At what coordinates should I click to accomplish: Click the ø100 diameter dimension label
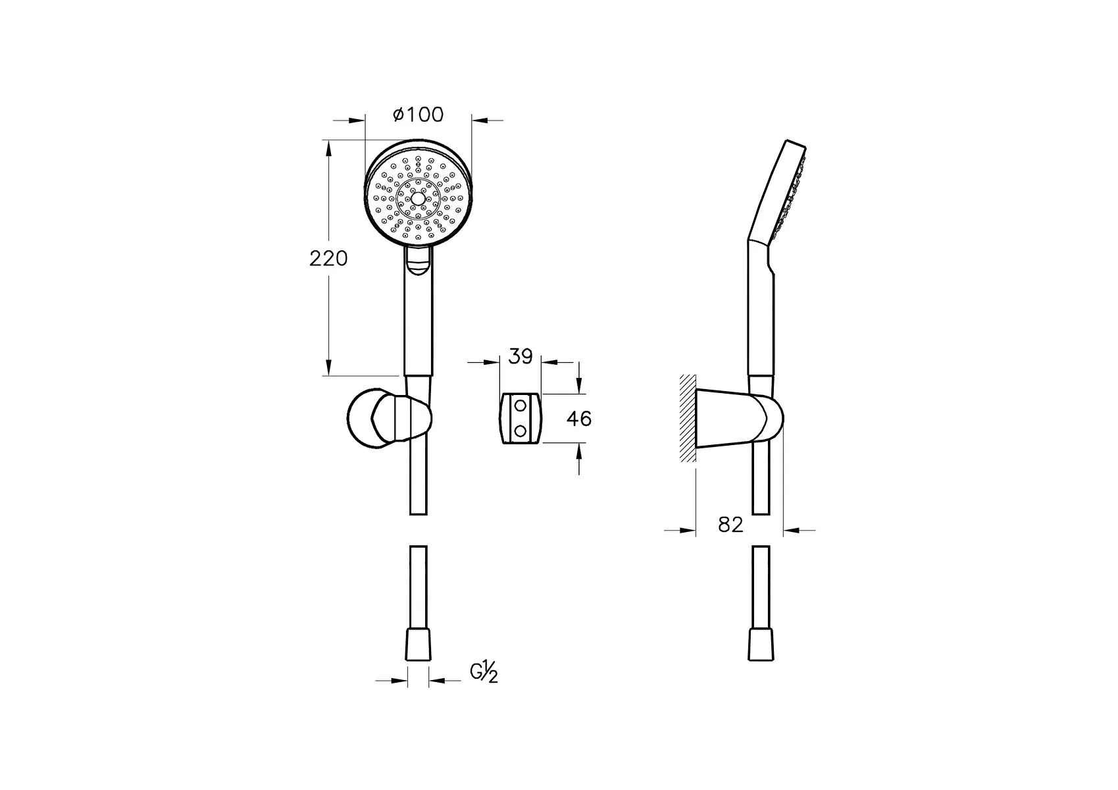[418, 115]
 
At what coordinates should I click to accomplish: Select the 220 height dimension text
[328, 259]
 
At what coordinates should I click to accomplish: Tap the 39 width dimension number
[521, 357]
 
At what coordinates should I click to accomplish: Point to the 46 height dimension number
[579, 419]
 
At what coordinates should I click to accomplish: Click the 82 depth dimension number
[730, 524]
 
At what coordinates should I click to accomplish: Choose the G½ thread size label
[484, 671]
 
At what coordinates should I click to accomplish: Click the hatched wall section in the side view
[687, 418]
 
